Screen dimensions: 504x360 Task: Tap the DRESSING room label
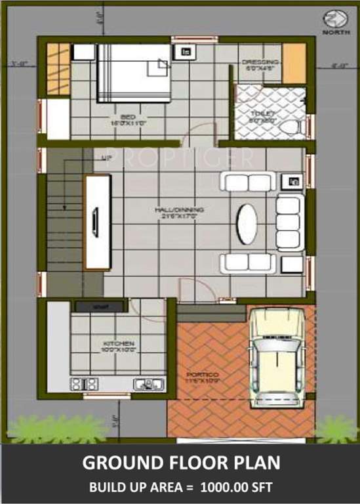(260, 63)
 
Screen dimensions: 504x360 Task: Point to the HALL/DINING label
(179, 211)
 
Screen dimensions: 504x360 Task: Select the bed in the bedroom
(134, 72)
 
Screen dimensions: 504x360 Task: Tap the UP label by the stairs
(106, 158)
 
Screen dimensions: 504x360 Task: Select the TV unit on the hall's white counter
(97, 223)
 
